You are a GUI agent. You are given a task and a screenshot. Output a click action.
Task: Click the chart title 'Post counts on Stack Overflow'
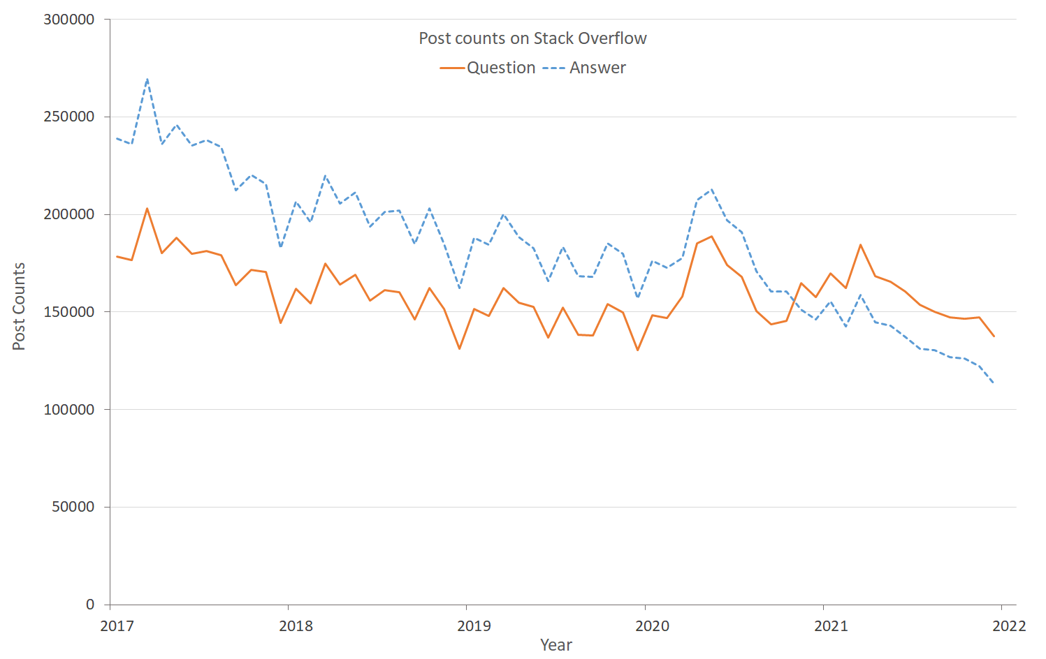pyautogui.click(x=532, y=38)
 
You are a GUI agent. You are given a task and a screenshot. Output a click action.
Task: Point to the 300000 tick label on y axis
pyautogui.click(x=68, y=20)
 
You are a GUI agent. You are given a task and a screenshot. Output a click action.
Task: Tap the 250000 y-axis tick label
pyautogui.click(x=68, y=117)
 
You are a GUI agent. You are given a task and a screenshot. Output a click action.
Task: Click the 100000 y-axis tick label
pyautogui.click(x=68, y=410)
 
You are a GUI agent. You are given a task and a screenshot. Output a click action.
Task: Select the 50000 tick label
pyautogui.click(x=73, y=507)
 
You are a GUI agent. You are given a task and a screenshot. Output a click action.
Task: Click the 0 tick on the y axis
pyautogui.click(x=90, y=605)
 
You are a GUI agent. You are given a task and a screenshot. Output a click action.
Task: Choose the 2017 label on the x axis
pyautogui.click(x=117, y=625)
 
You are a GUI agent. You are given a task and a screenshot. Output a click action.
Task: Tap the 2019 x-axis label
pyautogui.click(x=474, y=625)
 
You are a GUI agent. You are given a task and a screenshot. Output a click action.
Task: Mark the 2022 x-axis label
pyautogui.click(x=1009, y=625)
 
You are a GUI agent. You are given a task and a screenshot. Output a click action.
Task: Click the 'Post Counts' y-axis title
pyautogui.click(x=19, y=306)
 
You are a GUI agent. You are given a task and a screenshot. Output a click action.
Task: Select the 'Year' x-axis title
pyautogui.click(x=555, y=645)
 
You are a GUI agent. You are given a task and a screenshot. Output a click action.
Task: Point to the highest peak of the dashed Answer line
pyautogui.click(x=147, y=78)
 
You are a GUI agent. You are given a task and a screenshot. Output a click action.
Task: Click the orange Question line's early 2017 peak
pyautogui.click(x=147, y=208)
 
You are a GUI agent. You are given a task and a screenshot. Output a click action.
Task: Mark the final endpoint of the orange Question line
pyautogui.click(x=994, y=336)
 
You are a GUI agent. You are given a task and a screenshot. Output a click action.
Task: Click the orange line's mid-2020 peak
pyautogui.click(x=711, y=236)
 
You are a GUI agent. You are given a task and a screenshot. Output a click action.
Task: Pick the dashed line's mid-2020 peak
pyautogui.click(x=711, y=189)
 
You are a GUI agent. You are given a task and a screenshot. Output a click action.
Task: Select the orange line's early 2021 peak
pyautogui.click(x=860, y=244)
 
